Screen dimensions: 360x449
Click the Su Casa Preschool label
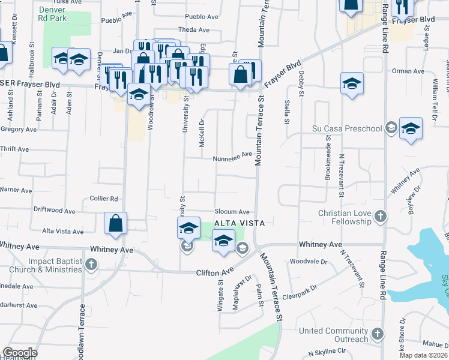347,128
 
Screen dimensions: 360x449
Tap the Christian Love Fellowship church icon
379,216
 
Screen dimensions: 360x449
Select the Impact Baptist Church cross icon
91,264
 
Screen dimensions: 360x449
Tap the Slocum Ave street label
232,212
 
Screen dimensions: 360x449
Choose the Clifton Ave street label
214,272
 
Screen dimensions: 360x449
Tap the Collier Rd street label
104,199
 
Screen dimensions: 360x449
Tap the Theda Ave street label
193,29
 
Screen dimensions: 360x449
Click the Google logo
20,353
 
